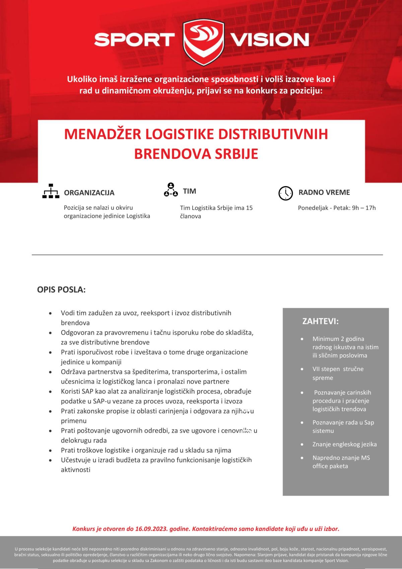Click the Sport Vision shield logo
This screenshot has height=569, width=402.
click(x=204, y=42)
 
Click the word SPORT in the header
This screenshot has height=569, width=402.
click(x=134, y=40)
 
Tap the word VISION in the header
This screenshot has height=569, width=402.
click(x=269, y=40)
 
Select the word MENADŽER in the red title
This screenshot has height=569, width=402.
click(x=103, y=134)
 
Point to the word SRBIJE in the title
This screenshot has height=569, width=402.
click(x=237, y=154)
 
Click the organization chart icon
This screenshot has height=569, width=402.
click(x=51, y=191)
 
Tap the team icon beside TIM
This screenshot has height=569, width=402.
click(x=171, y=190)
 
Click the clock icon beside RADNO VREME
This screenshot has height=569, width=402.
click(x=285, y=193)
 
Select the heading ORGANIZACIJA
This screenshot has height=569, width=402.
click(x=89, y=193)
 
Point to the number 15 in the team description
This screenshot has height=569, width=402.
click(x=249, y=208)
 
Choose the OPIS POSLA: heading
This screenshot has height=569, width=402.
click(x=61, y=290)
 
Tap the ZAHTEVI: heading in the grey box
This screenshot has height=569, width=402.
click(x=320, y=321)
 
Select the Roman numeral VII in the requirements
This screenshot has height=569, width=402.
click(x=316, y=369)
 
